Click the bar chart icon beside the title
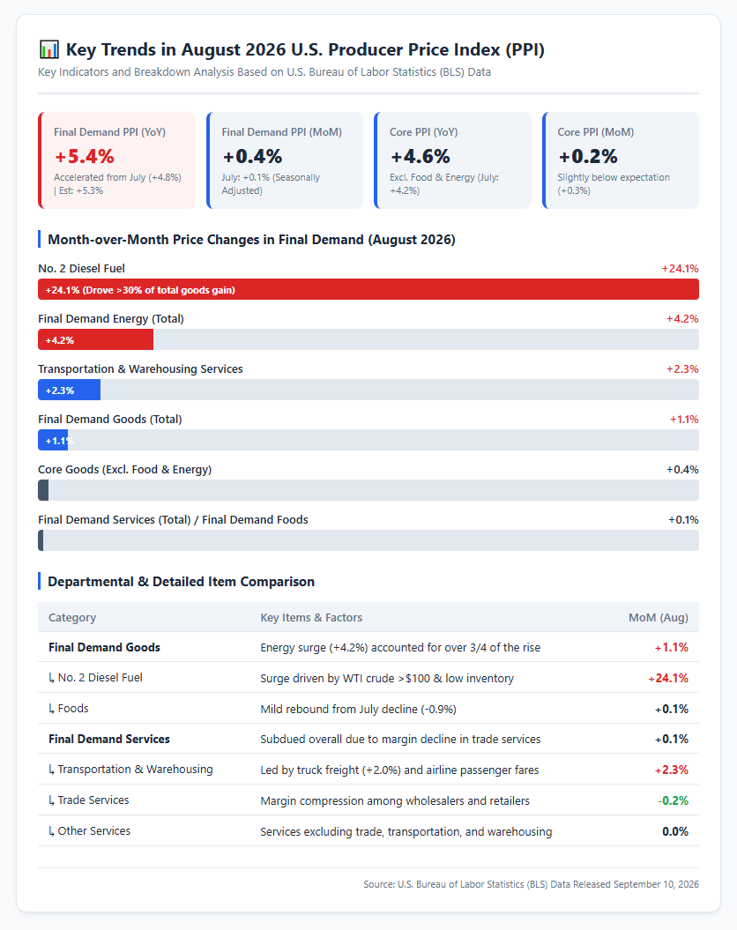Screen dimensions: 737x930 coord(48,49)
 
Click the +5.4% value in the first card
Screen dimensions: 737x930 coord(85,157)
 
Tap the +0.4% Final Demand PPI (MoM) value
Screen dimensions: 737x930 coord(252,157)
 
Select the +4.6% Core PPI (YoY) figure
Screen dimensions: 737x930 coord(420,157)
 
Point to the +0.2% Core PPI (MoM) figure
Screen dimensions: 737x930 coord(588,157)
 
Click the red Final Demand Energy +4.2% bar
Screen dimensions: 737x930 coord(95,340)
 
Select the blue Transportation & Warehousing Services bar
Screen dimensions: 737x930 coord(70,391)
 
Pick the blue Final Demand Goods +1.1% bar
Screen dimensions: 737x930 coord(53,440)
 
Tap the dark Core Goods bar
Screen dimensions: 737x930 coord(43,490)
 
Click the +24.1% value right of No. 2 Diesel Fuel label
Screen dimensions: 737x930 coord(680,269)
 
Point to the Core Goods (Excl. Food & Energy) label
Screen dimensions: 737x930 coord(124,469)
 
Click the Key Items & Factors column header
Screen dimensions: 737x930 coord(311,617)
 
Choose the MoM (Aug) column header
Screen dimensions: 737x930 coord(659,617)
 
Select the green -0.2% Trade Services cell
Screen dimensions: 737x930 coord(673,800)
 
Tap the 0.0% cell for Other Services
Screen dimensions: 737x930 coord(675,831)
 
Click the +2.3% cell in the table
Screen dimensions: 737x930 coord(671,770)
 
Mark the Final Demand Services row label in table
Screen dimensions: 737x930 coord(109,739)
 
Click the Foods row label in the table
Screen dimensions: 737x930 coord(68,708)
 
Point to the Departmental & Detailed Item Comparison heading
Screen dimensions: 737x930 coord(181,581)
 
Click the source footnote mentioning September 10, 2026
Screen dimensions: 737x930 coord(532,884)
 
